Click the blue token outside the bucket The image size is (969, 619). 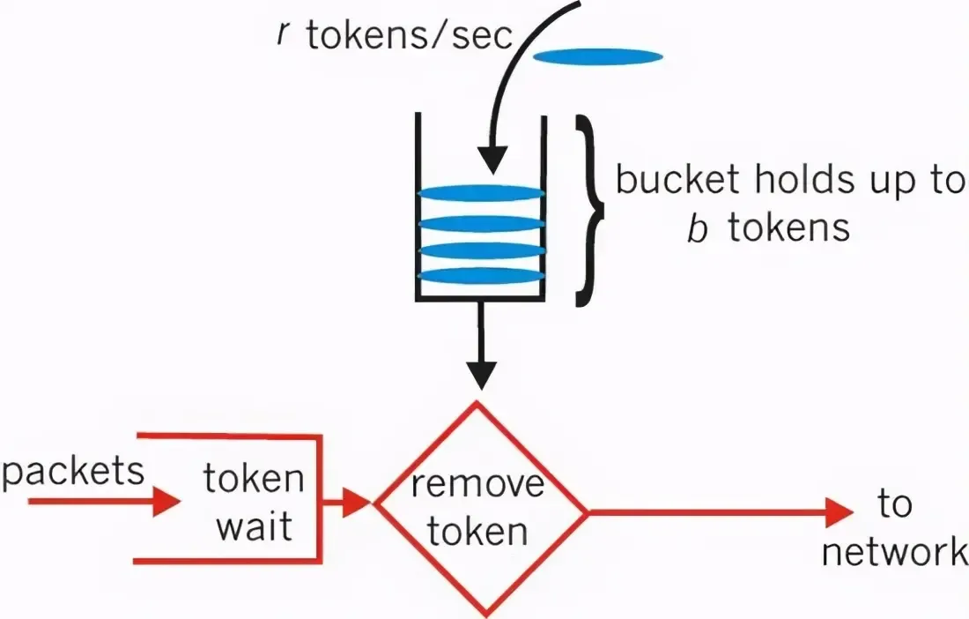pos(598,56)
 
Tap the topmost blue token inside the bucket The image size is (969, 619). pos(480,193)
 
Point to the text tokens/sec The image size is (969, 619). pos(410,37)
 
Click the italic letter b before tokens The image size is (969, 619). pos(697,227)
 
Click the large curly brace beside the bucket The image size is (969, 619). pos(592,212)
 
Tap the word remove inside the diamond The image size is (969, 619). pos(479,486)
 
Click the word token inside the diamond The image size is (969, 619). pos(479,531)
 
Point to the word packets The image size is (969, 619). pos(72,471)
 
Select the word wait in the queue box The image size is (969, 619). pos(254,527)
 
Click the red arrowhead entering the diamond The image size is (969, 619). pos(356,503)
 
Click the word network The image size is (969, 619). pos(893,552)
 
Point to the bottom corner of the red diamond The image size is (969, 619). pos(480,613)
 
